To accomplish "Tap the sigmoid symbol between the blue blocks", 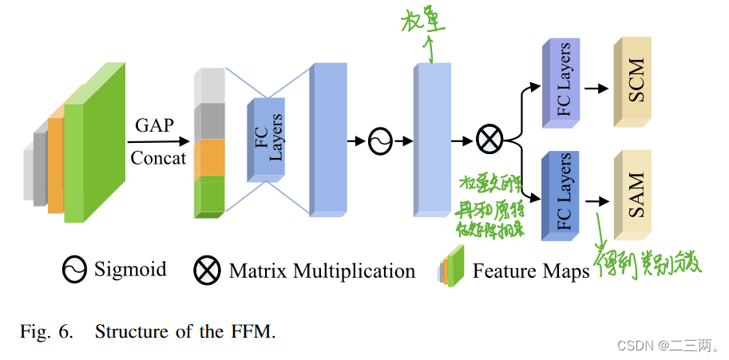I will point(380,141).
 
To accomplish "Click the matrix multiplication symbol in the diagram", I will point(489,140).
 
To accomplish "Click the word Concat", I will point(158,157).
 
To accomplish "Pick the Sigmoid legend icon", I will point(74,270).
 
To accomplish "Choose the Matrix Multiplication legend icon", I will point(208,271).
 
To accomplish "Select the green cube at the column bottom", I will point(211,196).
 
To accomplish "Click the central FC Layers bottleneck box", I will point(270,138).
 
